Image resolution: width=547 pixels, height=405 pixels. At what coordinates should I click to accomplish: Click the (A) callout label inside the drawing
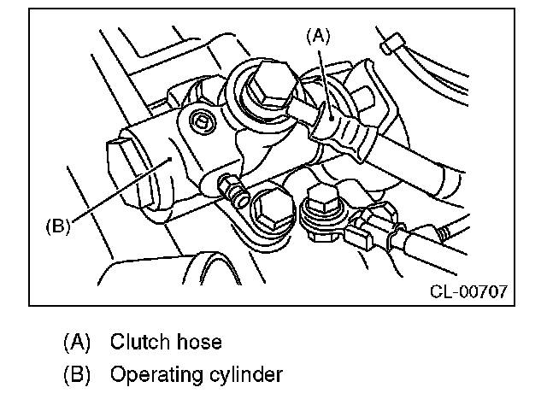(x=317, y=35)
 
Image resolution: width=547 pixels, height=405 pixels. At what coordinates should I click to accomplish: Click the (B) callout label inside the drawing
(x=57, y=227)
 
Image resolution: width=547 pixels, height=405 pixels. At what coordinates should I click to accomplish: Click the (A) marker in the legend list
(x=76, y=343)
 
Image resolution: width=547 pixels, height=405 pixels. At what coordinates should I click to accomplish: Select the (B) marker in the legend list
(x=76, y=374)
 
